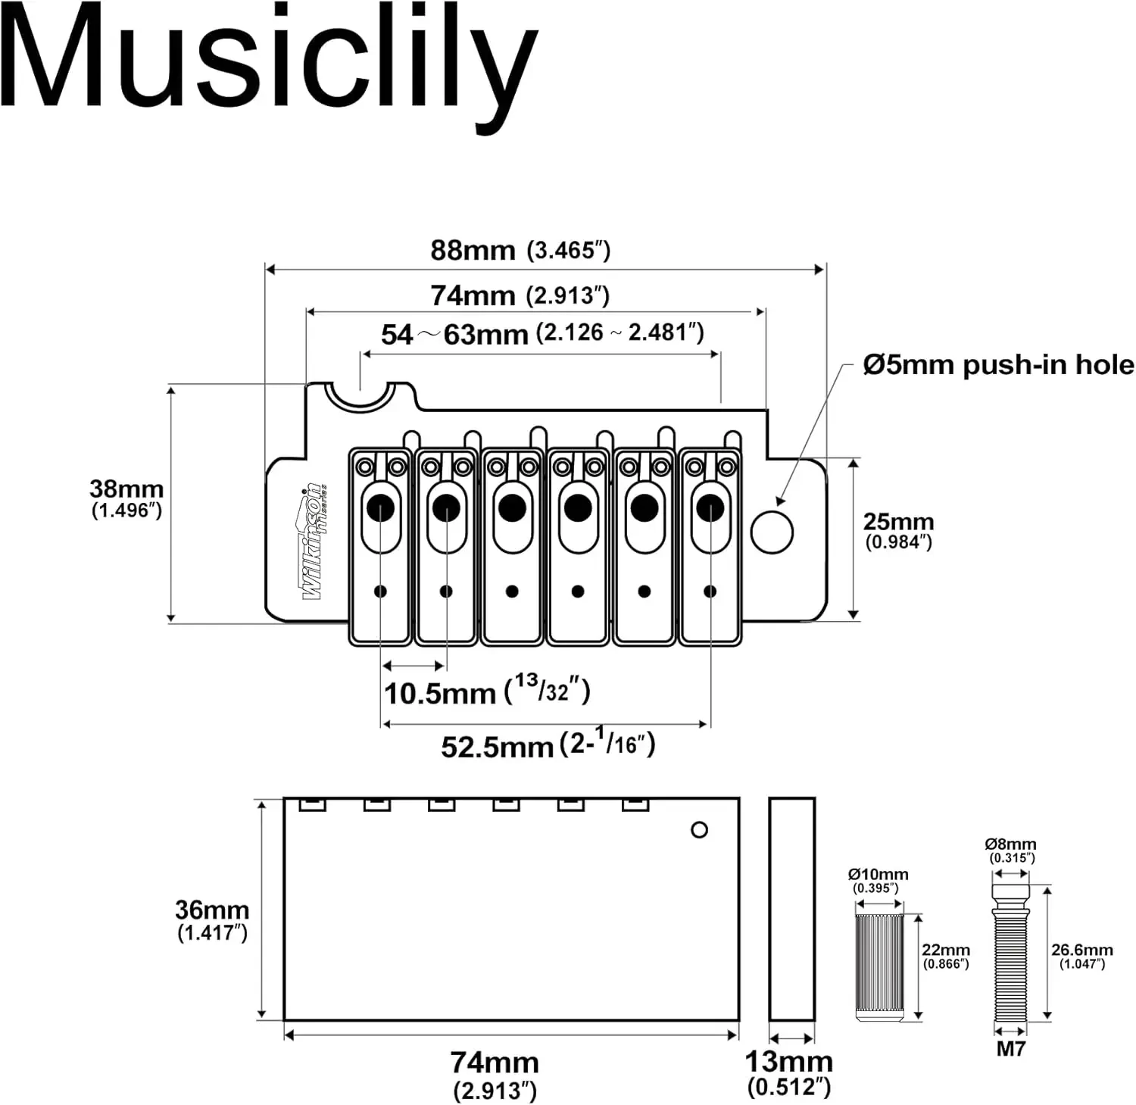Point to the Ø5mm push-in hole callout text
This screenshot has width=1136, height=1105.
(x=998, y=365)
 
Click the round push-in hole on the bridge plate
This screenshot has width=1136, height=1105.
(x=772, y=532)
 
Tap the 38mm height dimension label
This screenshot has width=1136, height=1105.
(x=126, y=498)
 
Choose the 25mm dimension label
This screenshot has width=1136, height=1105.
(x=898, y=529)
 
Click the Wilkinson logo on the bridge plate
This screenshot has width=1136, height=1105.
(x=313, y=542)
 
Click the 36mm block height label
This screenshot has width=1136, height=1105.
(x=212, y=919)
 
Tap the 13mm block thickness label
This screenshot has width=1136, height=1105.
(x=789, y=1072)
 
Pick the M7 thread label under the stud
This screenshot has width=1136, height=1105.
(x=1010, y=1049)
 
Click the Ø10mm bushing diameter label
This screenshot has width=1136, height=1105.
(x=877, y=880)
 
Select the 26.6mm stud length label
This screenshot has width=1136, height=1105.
(x=1081, y=955)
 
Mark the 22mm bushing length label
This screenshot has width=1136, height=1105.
(x=946, y=955)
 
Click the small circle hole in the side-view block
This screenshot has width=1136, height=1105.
(x=700, y=830)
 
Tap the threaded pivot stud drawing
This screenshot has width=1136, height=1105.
(x=1010, y=954)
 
